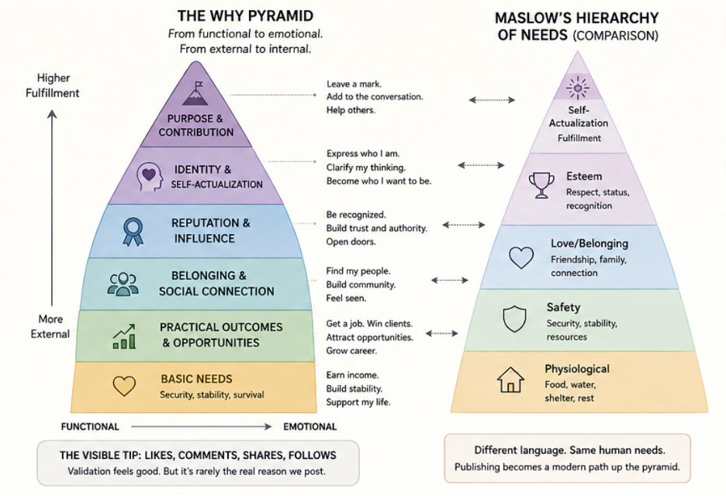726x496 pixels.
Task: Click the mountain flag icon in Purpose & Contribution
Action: [195, 94]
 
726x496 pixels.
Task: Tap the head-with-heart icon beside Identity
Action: [150, 177]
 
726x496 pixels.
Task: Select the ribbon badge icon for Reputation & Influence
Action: [133, 232]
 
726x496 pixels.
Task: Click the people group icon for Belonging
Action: [123, 284]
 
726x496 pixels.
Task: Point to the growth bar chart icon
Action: [125, 336]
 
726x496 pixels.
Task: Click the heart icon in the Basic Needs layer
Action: [124, 386]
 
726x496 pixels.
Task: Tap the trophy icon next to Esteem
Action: [541, 185]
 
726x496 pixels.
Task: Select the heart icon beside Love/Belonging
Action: [521, 257]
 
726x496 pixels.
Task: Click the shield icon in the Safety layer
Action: [514, 319]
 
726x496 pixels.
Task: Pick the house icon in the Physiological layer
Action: [510, 380]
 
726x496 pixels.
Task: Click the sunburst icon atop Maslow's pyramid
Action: [577, 87]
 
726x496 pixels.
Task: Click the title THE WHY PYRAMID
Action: [245, 16]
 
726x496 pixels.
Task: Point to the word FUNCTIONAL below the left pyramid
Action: [90, 426]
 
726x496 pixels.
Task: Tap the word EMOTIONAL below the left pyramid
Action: [309, 426]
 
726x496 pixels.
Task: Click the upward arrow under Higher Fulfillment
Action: [52, 208]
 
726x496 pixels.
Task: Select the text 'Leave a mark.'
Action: [354, 84]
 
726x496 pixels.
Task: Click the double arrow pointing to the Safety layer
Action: [441, 333]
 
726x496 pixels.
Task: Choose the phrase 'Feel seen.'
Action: [346, 298]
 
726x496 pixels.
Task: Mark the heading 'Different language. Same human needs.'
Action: [569, 450]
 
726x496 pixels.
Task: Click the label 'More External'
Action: [50, 326]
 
